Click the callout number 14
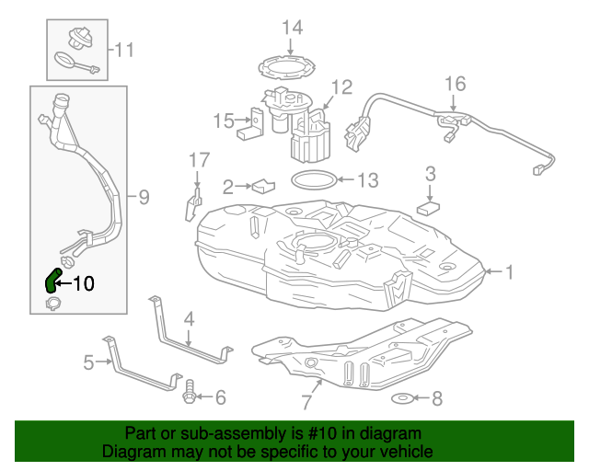(292, 27)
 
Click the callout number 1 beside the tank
(509, 271)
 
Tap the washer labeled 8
(403, 398)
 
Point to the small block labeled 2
(263, 186)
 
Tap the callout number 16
(456, 85)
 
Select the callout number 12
(341, 87)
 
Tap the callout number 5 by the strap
(88, 362)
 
